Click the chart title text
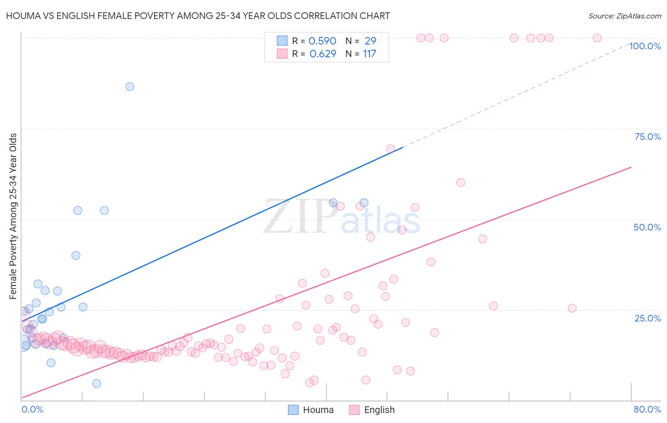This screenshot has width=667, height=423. tap(198, 16)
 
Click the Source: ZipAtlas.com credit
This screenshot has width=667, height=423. tap(624, 16)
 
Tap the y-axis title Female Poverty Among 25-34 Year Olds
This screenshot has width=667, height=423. tap(13, 216)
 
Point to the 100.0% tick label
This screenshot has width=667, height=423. tap(645, 46)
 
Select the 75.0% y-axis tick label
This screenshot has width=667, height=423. tap(647, 137)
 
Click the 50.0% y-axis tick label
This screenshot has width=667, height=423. tap(647, 227)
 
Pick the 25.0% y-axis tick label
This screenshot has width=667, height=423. tap(647, 318)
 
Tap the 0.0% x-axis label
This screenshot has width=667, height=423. tap(32, 409)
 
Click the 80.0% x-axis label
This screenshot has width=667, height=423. tap(647, 409)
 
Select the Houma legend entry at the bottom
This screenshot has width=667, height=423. tap(311, 410)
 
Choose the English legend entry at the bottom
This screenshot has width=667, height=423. tap(372, 410)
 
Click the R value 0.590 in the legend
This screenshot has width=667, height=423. tap(322, 41)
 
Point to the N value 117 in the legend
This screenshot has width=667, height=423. tap(369, 54)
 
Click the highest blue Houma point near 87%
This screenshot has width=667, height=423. tap(130, 86)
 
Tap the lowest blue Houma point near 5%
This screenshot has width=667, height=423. tap(96, 384)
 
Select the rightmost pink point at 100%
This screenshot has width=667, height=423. tap(597, 38)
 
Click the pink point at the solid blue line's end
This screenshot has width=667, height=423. tap(390, 149)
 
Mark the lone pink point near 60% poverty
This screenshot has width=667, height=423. tap(460, 183)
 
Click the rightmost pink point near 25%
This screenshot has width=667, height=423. tap(572, 308)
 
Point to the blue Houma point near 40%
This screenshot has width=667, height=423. tap(75, 255)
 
